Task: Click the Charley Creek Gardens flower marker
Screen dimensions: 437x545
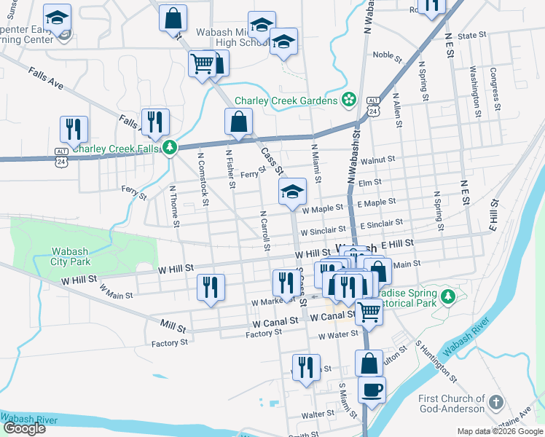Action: point(349,100)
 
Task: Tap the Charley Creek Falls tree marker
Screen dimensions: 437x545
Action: point(170,149)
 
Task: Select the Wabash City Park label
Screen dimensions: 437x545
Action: point(71,256)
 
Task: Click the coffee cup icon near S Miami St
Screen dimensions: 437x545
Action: point(372,390)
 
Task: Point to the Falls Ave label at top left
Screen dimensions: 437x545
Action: point(46,79)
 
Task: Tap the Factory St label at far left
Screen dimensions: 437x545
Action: point(170,342)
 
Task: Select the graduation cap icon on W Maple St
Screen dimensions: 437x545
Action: point(292,192)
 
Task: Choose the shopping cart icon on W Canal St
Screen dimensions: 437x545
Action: point(369,311)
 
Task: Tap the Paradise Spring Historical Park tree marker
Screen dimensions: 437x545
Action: point(450,296)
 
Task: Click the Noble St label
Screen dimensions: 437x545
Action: point(383,55)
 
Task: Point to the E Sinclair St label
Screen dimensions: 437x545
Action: point(380,224)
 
